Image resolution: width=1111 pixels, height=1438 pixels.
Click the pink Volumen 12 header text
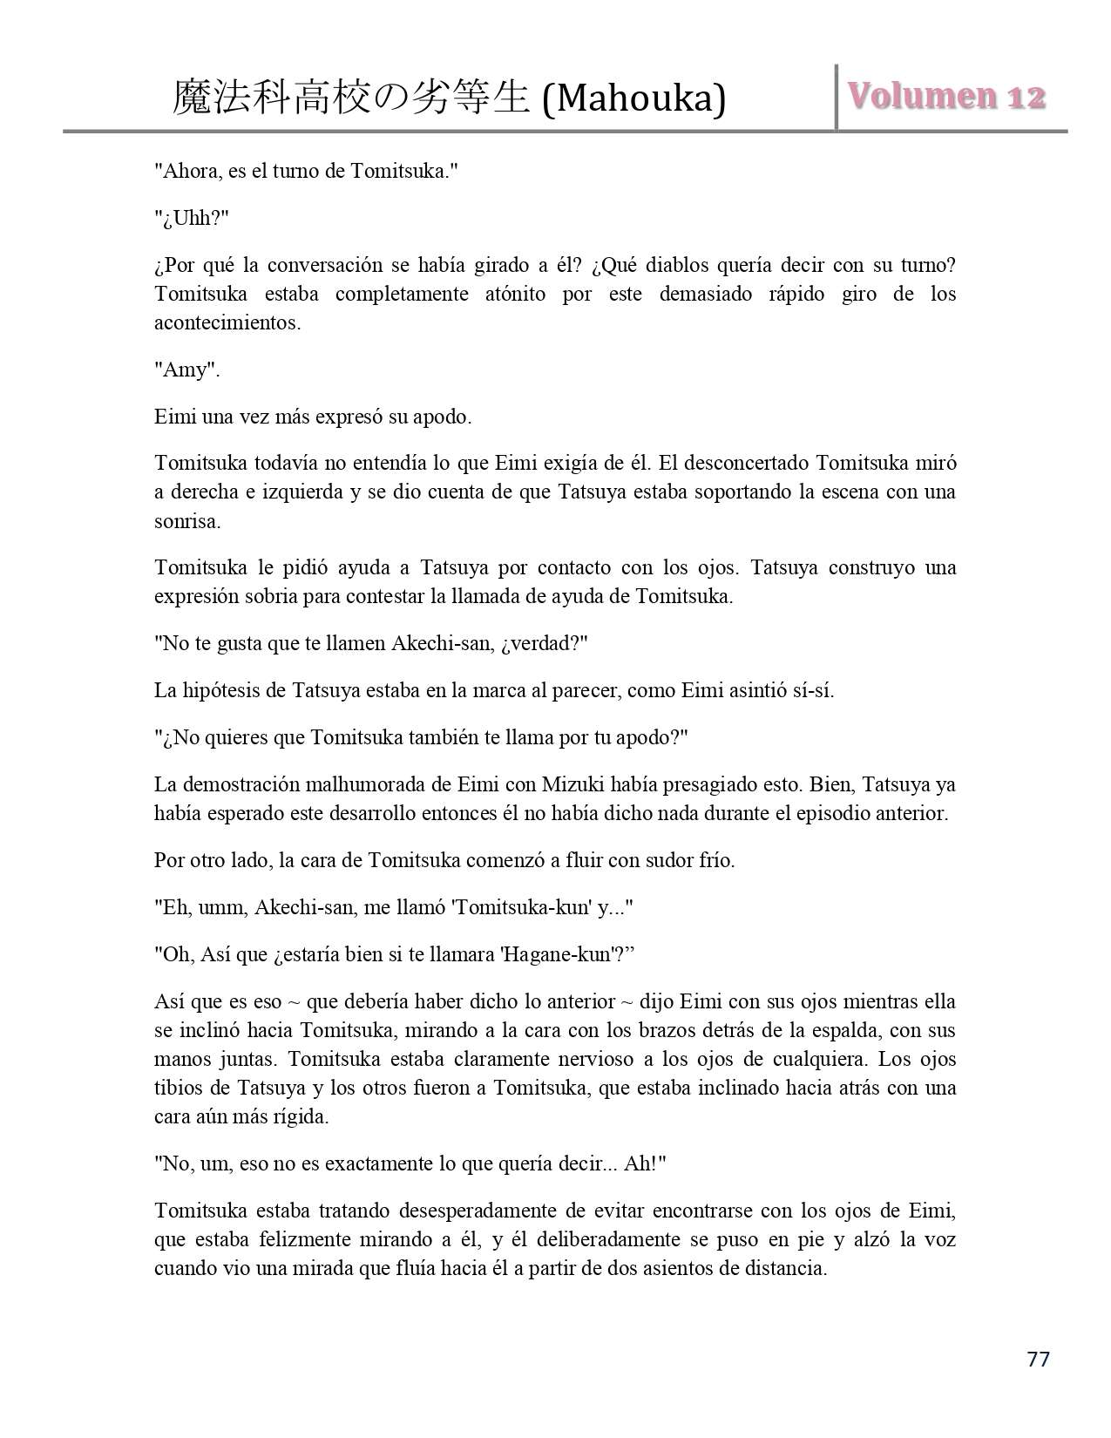946,97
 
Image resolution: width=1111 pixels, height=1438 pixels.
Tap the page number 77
1038,1359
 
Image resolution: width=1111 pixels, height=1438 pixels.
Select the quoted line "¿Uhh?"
192,218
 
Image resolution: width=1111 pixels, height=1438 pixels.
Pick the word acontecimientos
227,322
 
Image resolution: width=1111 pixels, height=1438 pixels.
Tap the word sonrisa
186,521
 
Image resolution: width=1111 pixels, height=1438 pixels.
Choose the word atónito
513,294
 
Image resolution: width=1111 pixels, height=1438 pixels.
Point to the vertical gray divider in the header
837,97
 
